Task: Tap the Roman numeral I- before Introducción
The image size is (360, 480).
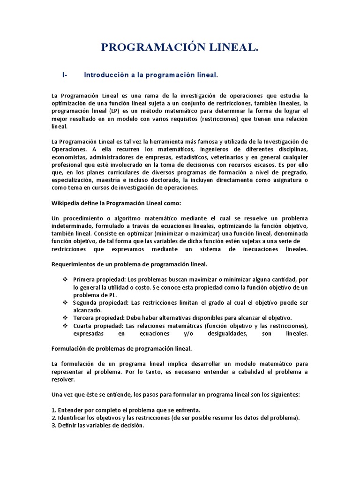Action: [x=65, y=75]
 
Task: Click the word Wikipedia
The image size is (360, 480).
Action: [x=65, y=203]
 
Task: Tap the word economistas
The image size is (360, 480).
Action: [x=68, y=157]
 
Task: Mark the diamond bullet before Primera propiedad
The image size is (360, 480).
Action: [x=65, y=279]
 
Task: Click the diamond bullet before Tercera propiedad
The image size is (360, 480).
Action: [x=65, y=318]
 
